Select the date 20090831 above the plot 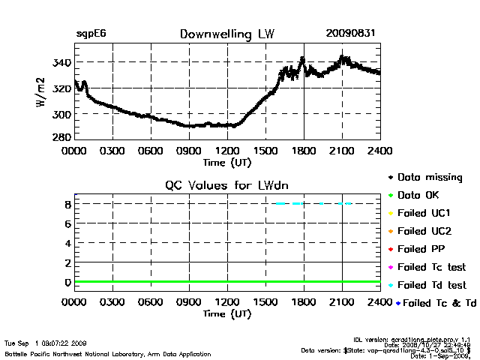point(351,34)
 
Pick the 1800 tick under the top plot point(304,151)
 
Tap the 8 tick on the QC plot point(67,203)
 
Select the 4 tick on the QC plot point(67,243)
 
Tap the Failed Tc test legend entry point(431,267)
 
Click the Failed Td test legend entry point(431,285)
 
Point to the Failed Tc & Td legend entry point(436,303)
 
